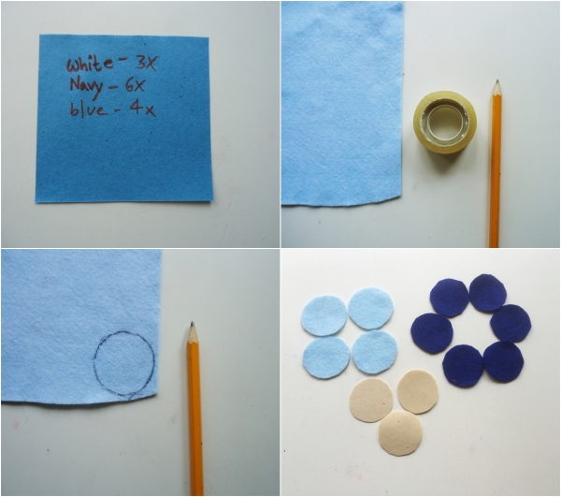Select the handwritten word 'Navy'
[87, 87]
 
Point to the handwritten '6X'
[134, 85]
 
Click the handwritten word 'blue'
[89, 109]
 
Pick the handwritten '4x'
[142, 109]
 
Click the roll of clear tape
[445, 122]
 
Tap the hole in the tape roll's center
[446, 121]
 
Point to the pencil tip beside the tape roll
[496, 82]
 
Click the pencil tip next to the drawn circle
[192, 324]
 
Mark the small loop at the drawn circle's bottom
[132, 396]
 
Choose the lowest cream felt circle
[400, 433]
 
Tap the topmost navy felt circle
[488, 293]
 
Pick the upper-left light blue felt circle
[324, 315]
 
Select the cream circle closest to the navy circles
[418, 392]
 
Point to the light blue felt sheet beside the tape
[341, 104]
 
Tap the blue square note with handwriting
[123, 119]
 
